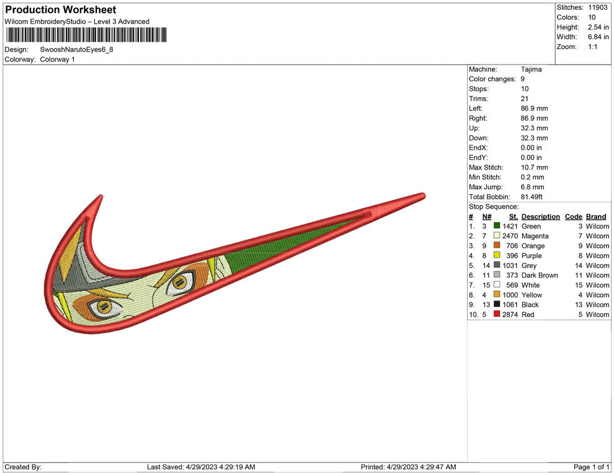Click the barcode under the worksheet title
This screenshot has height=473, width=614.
(86, 35)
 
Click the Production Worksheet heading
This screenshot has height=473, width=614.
(61, 10)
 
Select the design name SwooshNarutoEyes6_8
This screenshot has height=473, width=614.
(77, 50)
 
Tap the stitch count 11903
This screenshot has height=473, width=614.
(597, 7)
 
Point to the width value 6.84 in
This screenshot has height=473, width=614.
(598, 37)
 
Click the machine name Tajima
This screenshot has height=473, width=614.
(532, 70)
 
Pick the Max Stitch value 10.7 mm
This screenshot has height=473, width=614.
(535, 168)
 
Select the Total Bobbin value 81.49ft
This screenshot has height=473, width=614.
(532, 197)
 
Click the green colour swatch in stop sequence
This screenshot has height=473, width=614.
(497, 226)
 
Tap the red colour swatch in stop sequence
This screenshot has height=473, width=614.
(497, 314)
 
